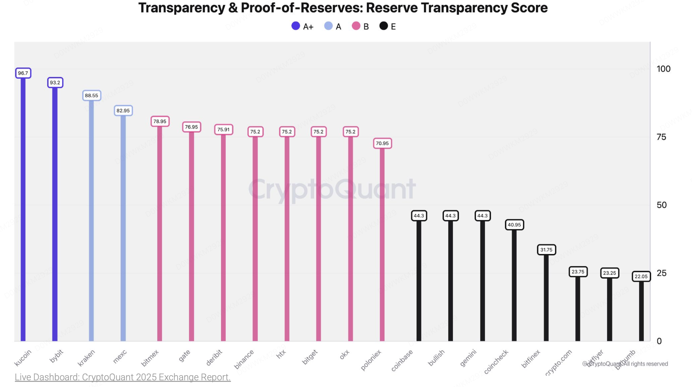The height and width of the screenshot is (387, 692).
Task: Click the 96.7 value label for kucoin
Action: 23,73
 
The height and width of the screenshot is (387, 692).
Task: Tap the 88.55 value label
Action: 91,96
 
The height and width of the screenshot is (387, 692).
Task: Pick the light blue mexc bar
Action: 123,227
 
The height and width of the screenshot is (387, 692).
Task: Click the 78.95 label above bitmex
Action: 160,121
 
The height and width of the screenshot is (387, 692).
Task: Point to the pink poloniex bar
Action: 382,244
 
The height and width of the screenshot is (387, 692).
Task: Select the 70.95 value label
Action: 382,143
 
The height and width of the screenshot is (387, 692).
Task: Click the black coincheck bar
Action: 514,285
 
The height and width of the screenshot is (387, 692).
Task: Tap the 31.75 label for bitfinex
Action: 546,250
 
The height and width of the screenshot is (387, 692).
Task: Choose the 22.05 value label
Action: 641,276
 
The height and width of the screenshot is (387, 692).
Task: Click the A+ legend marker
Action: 296,26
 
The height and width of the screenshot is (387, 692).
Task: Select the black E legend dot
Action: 383,26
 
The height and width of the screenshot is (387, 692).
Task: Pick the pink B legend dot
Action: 356,26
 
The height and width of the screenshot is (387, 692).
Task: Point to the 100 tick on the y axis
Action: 663,69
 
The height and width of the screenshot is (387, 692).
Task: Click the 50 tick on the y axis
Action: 662,205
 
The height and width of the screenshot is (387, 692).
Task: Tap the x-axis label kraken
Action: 86,358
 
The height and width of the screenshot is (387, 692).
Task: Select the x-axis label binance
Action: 244,359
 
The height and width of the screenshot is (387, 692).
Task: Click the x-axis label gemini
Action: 468,358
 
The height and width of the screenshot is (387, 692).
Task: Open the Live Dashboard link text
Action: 122,377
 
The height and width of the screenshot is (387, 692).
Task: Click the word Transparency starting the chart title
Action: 182,8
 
